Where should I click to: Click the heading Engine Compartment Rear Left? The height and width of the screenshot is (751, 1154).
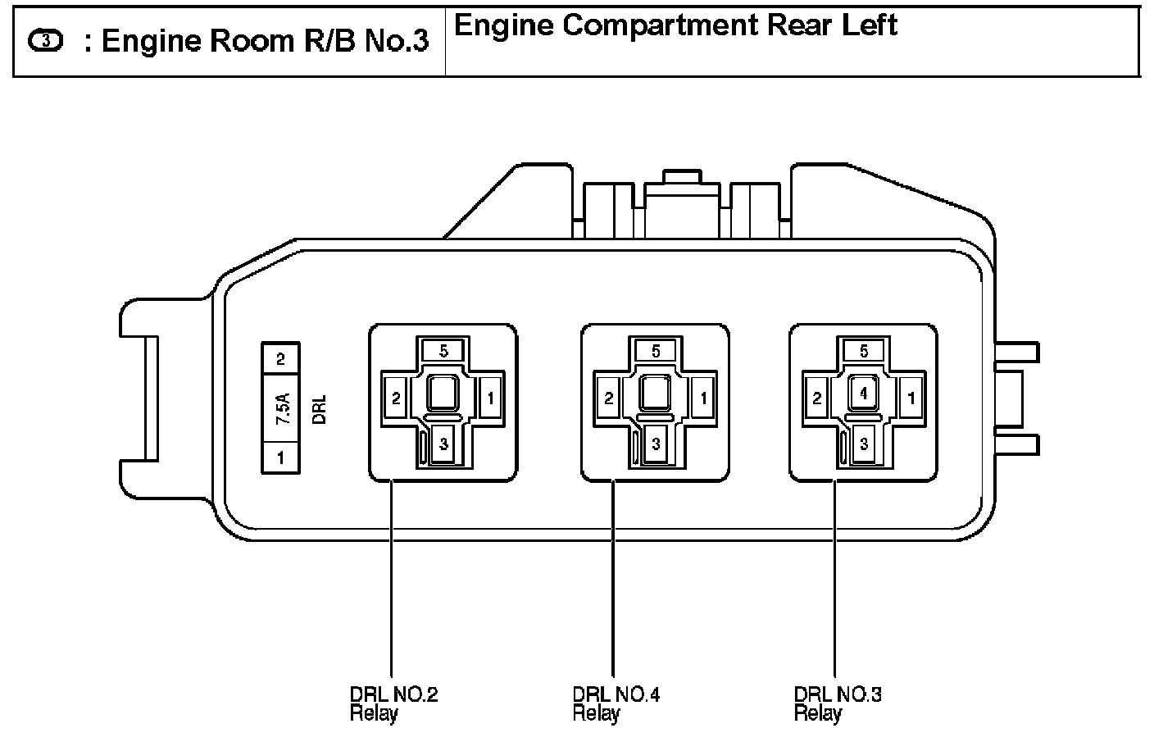click(x=675, y=25)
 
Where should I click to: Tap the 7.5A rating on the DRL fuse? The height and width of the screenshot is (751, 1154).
click(x=281, y=407)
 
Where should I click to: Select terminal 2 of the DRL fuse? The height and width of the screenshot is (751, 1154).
click(x=280, y=359)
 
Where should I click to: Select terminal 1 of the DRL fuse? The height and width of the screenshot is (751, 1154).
click(x=280, y=457)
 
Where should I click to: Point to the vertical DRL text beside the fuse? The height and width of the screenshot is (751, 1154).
click(x=320, y=408)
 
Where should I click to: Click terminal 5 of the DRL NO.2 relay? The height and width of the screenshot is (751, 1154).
click(x=443, y=351)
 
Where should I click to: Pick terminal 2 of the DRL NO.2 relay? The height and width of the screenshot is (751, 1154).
click(x=396, y=398)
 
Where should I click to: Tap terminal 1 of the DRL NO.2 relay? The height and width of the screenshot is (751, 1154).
click(x=490, y=398)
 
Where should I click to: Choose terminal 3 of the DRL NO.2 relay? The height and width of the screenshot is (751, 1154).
click(x=443, y=445)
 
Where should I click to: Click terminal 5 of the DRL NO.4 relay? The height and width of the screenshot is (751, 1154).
click(x=656, y=351)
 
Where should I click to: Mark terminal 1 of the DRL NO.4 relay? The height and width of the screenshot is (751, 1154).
click(x=702, y=398)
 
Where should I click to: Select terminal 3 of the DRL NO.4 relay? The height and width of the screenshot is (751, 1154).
click(x=656, y=445)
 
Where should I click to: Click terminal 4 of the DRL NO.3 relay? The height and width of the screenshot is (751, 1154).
click(x=864, y=394)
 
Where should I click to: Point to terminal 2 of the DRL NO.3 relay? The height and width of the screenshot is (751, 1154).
click(x=817, y=398)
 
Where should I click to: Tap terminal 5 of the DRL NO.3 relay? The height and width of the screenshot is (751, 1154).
click(x=864, y=351)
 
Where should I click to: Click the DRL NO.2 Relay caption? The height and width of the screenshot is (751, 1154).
click(x=393, y=703)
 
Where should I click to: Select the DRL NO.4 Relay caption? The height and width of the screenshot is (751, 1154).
click(x=616, y=703)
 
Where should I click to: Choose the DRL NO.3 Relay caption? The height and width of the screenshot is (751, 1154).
click(x=838, y=703)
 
